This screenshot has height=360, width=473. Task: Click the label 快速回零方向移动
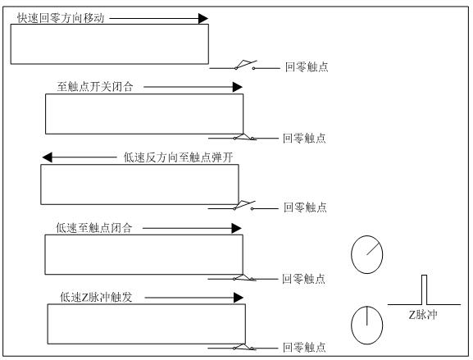point(61,18)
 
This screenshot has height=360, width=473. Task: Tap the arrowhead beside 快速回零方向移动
point(203,18)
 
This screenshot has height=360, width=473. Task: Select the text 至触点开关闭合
point(95,87)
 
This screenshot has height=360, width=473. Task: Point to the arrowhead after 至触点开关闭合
point(238,87)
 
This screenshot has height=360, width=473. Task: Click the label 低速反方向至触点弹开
point(178,157)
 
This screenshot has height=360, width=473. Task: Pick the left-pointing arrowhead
point(48,157)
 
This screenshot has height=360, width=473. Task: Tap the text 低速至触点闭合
point(94,228)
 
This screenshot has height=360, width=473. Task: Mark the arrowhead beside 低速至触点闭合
point(236,228)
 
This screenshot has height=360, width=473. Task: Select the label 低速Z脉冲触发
point(96,297)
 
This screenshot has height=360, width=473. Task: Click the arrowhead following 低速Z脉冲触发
point(239,298)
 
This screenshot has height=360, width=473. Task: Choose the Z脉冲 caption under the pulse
point(423,315)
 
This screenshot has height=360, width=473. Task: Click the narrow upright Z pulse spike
point(424,289)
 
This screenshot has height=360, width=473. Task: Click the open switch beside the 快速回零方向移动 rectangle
point(245,66)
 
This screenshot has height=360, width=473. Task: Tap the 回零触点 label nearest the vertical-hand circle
point(304,348)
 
